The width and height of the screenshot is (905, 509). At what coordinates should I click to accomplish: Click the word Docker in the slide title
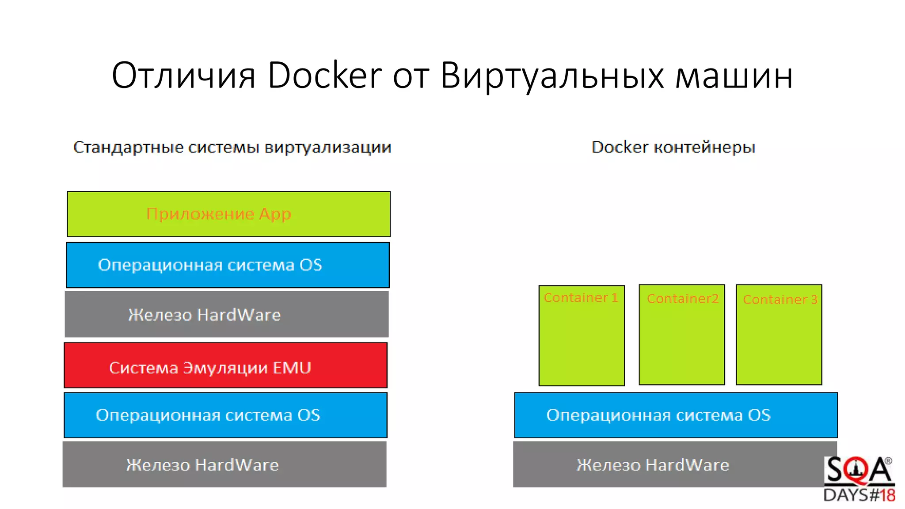click(324, 76)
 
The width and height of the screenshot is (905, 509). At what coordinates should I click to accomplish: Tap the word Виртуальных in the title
click(552, 76)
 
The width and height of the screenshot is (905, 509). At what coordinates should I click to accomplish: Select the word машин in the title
click(734, 76)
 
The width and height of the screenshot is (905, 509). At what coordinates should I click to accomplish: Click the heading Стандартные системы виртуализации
click(232, 147)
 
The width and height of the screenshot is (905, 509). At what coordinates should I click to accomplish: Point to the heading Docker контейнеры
click(673, 147)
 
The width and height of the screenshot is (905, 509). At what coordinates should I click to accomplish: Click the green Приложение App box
click(228, 214)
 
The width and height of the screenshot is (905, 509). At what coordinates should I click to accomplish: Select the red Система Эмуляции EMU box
click(225, 365)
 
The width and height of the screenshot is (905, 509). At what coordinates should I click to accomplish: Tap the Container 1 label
click(581, 298)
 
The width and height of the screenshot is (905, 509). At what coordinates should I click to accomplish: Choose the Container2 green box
click(682, 335)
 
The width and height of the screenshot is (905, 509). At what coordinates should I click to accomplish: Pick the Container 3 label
click(780, 300)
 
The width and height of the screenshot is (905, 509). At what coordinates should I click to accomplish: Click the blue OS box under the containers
click(676, 415)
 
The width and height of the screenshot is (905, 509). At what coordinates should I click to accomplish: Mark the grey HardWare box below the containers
click(667, 465)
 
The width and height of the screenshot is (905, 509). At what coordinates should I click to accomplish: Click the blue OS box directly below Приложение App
click(228, 265)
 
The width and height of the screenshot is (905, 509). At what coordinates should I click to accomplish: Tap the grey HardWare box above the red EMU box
click(227, 315)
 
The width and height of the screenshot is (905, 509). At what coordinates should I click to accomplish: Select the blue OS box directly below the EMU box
click(225, 415)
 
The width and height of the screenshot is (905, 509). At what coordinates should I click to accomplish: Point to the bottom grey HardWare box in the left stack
click(224, 465)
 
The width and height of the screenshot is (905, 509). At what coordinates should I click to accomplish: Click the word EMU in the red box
click(292, 368)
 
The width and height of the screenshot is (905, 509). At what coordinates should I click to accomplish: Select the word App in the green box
click(275, 214)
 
